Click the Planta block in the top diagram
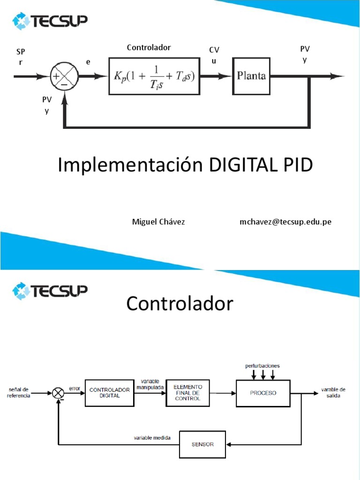pos(251,76)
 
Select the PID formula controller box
pos(155,76)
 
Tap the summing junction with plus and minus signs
pos(63,76)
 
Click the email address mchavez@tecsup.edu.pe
pos(285,222)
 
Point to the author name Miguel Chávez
pos(158,222)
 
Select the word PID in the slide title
pos(297,165)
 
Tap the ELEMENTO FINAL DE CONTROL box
pos(187,392)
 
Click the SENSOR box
pos(202,444)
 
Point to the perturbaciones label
pos(262,365)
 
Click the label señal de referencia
pos(19,392)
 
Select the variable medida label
pos(152,438)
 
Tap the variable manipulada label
pos(149,384)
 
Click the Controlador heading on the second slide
pos(180,304)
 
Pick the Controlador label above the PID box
pos(149,47)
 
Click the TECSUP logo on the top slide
pos(50,22)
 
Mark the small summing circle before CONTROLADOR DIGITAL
pos(58,393)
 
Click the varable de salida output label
pos(333,392)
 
